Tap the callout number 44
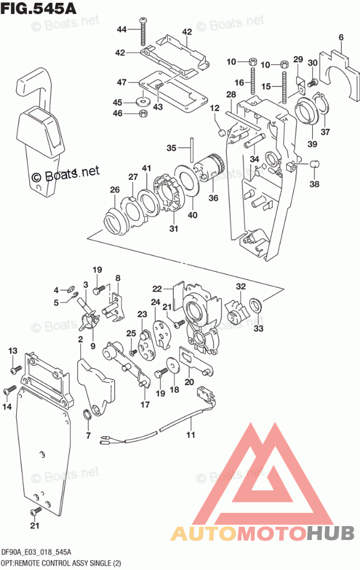pos(121,29)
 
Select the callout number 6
pos(341,39)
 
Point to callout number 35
pos(171,148)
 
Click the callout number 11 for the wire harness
pos(190,434)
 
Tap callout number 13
pos(13,351)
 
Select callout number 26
pos(115,189)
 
